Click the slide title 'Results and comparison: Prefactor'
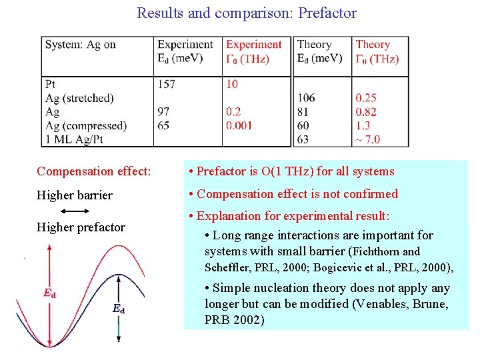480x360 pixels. pos(247,13)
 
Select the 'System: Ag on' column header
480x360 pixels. pos(80,45)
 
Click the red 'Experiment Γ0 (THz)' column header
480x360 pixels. pos(254,51)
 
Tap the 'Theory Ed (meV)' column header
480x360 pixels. pos(320,51)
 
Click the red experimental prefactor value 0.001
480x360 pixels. pos(239,125)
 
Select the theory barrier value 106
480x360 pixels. pos(307,98)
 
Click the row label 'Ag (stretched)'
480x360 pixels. pos(79,98)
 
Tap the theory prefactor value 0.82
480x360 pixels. pos(366,112)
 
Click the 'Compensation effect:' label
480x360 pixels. pos(94,171)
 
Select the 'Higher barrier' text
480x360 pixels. pos(75,195)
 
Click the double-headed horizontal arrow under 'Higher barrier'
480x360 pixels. pos(69,211)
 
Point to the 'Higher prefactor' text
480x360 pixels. pos(81,227)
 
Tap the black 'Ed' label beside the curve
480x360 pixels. pos(118,308)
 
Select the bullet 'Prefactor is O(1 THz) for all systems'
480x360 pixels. pos(293,171)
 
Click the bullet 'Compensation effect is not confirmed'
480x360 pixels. pos(295,194)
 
